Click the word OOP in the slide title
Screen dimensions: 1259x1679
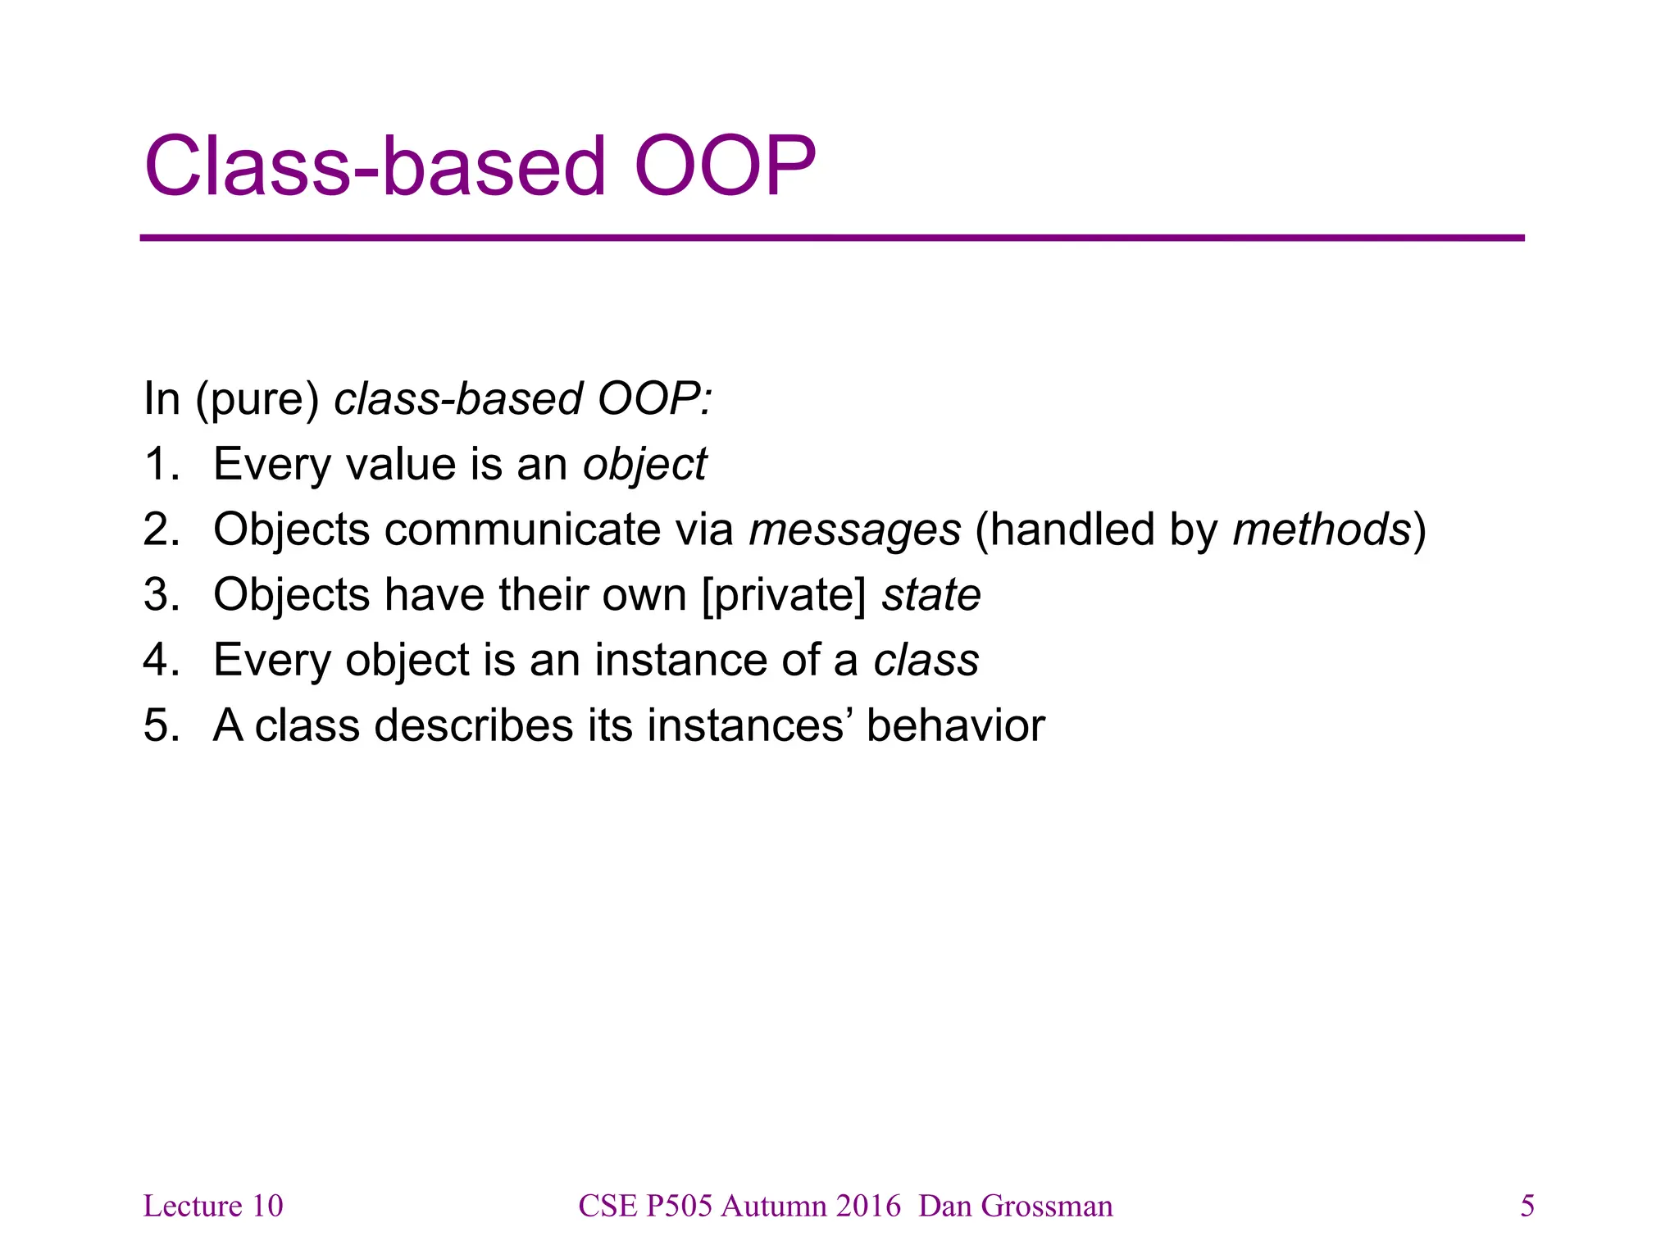pyautogui.click(x=725, y=166)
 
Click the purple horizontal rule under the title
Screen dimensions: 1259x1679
pyautogui.click(x=831, y=238)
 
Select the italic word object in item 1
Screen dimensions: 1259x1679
pyautogui.click(x=644, y=465)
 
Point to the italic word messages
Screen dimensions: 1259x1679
pyautogui.click(x=854, y=530)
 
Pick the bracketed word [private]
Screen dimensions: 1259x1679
pyautogui.click(x=784, y=595)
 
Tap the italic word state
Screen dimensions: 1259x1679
pyautogui.click(x=931, y=595)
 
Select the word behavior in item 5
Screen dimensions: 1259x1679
pyautogui.click(x=955, y=725)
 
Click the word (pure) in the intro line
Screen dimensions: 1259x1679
pyautogui.click(x=257, y=400)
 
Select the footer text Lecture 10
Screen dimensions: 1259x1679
pyautogui.click(x=212, y=1206)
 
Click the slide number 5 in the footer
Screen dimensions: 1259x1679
pyautogui.click(x=1527, y=1206)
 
